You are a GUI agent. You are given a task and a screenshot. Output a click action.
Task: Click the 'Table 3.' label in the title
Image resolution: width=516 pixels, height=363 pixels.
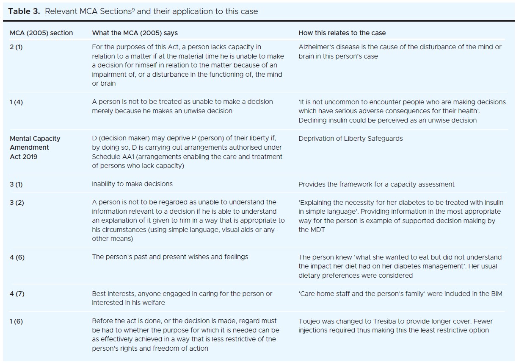tap(25, 11)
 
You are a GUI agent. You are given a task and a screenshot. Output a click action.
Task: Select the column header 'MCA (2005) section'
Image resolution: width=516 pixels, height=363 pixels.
tap(41, 33)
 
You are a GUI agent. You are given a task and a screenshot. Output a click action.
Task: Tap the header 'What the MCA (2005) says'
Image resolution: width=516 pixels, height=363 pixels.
tap(135, 33)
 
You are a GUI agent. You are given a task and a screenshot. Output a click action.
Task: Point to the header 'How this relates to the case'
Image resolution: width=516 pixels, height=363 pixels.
tap(342, 33)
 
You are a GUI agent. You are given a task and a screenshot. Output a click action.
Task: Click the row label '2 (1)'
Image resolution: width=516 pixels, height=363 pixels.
tap(16, 47)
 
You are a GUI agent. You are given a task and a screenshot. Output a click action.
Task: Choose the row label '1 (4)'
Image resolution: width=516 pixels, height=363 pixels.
tap(16, 102)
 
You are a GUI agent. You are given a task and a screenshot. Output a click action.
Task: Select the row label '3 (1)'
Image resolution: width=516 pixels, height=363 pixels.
tap(17, 184)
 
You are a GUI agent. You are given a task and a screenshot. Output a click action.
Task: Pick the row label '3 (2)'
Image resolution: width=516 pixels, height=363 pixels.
tap(17, 202)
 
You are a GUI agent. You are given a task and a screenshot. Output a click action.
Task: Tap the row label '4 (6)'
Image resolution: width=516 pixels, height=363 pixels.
tap(17, 257)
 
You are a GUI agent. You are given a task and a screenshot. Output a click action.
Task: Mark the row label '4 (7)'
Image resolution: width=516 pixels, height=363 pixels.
tap(17, 293)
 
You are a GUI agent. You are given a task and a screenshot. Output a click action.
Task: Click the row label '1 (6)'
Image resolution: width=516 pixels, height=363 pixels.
tap(16, 321)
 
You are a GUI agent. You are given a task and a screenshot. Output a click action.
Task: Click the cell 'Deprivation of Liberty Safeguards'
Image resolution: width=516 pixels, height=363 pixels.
tap(350, 139)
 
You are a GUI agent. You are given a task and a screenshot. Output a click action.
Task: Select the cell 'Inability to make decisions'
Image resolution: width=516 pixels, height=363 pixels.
tap(132, 184)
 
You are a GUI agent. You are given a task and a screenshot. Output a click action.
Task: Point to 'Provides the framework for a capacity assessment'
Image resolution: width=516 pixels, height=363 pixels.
tap(376, 184)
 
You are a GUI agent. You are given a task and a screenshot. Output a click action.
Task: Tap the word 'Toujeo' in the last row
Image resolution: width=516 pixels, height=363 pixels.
tap(309, 321)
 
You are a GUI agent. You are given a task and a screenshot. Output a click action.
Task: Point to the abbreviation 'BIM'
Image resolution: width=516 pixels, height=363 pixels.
tap(496, 293)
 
